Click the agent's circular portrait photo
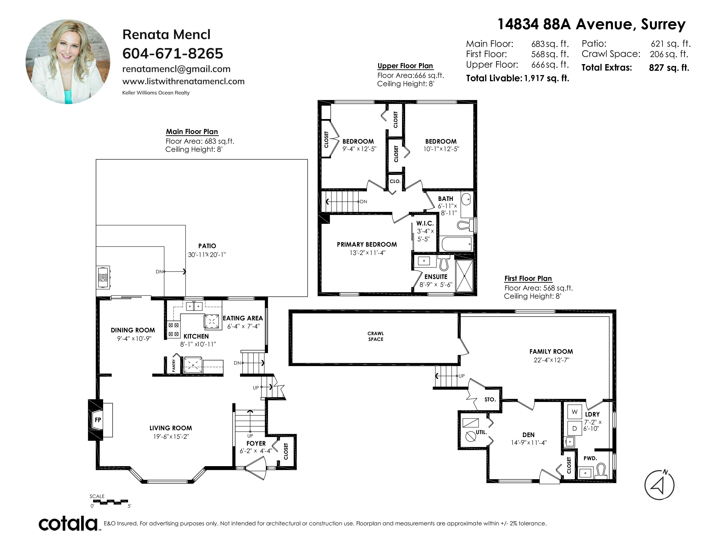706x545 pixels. pos(68,62)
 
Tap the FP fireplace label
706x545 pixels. pos(98,420)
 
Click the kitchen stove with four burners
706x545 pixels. pos(174,330)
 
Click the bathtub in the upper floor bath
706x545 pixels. pos(457,244)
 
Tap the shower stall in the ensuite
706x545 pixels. pos(464,276)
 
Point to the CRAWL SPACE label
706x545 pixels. pos(376,336)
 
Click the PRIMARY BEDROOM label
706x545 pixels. pos(367,245)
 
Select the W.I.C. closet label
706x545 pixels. pos(425,223)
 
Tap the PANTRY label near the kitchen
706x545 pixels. pos(174,365)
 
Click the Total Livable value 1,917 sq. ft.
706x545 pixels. pos(547,78)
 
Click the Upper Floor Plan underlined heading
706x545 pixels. pos(405,66)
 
